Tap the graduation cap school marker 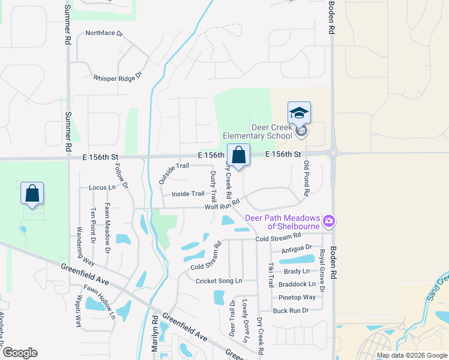tap(299, 114)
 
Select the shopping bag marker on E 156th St tap(238, 155)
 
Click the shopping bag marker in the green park tap(32, 194)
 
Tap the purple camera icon tap(328, 221)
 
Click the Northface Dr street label tap(103, 34)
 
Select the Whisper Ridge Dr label tap(117, 76)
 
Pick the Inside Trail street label tap(188, 194)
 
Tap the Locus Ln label tap(101, 188)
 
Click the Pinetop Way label tap(297, 297)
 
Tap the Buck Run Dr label tap(290, 310)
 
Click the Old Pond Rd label tap(306, 179)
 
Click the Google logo tap(19, 353)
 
